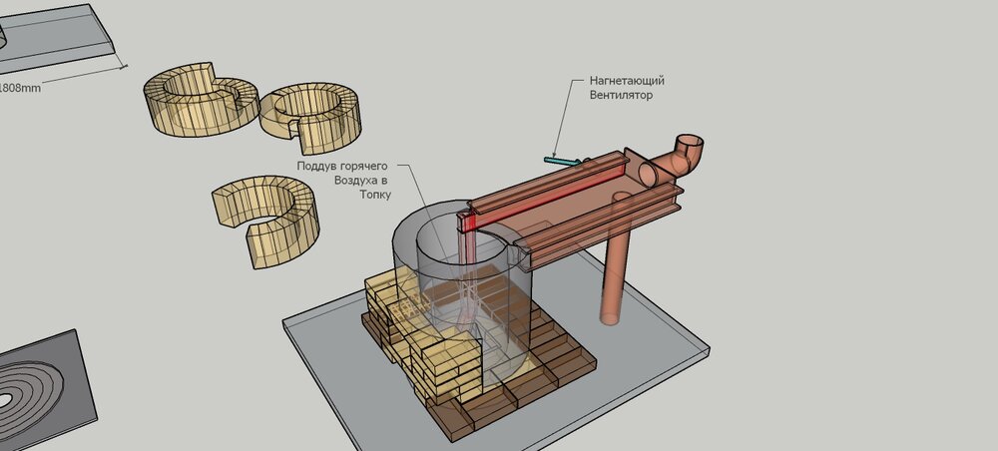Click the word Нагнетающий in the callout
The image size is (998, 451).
click(x=627, y=82)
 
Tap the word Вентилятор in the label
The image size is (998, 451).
click(x=621, y=96)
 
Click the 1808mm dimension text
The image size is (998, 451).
click(x=19, y=89)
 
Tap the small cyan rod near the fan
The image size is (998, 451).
click(x=563, y=161)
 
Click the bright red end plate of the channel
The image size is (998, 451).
click(x=466, y=223)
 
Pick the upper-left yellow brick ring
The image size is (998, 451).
click(x=201, y=99)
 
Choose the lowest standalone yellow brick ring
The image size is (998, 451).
click(x=266, y=219)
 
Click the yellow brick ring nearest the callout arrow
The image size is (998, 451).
click(x=310, y=117)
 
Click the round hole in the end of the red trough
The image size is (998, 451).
click(x=648, y=174)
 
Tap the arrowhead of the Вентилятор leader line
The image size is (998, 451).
click(x=555, y=156)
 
